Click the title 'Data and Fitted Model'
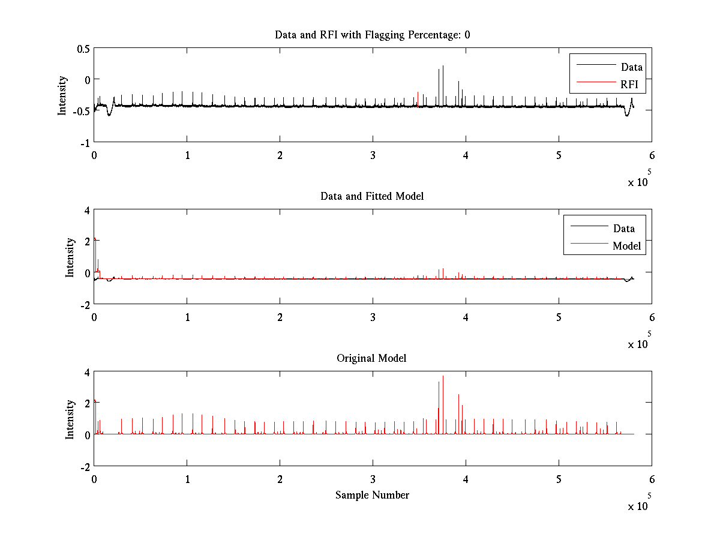[372, 196]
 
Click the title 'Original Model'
[371, 358]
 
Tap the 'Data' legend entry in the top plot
[632, 67]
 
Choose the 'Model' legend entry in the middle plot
[626, 245]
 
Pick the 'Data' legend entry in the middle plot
[624, 228]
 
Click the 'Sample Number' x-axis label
[372, 495]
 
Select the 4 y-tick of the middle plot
[86, 211]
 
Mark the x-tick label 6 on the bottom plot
[652, 479]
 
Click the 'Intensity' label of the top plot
[62, 95]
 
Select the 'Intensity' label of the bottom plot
[70, 419]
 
